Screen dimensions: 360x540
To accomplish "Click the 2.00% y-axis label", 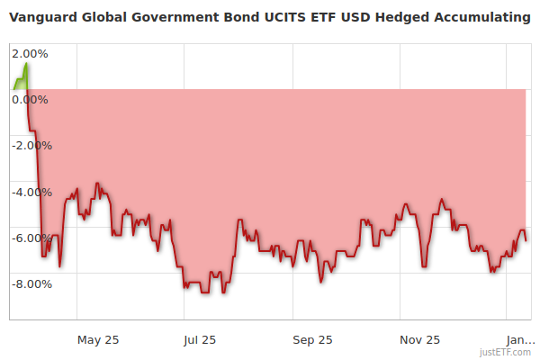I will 31,53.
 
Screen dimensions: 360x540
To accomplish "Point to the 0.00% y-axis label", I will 31,99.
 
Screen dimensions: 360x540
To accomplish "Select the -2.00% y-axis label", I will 31,145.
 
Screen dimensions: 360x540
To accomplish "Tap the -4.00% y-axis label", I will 31,192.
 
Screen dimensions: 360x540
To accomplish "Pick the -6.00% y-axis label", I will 31,238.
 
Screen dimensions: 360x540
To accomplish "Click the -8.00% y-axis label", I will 31,284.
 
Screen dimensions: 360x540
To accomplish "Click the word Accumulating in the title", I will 484,16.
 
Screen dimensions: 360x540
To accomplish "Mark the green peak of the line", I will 26,63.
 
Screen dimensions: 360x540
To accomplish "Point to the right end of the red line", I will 526,239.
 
